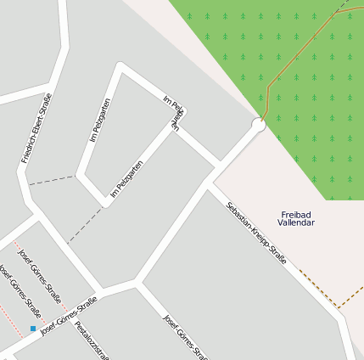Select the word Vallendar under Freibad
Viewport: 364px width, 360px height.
(295, 222)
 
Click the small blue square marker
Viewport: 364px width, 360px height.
(33, 328)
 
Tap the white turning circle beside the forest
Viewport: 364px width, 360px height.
(258, 125)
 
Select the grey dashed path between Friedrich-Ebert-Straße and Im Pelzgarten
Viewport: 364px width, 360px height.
(51, 180)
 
